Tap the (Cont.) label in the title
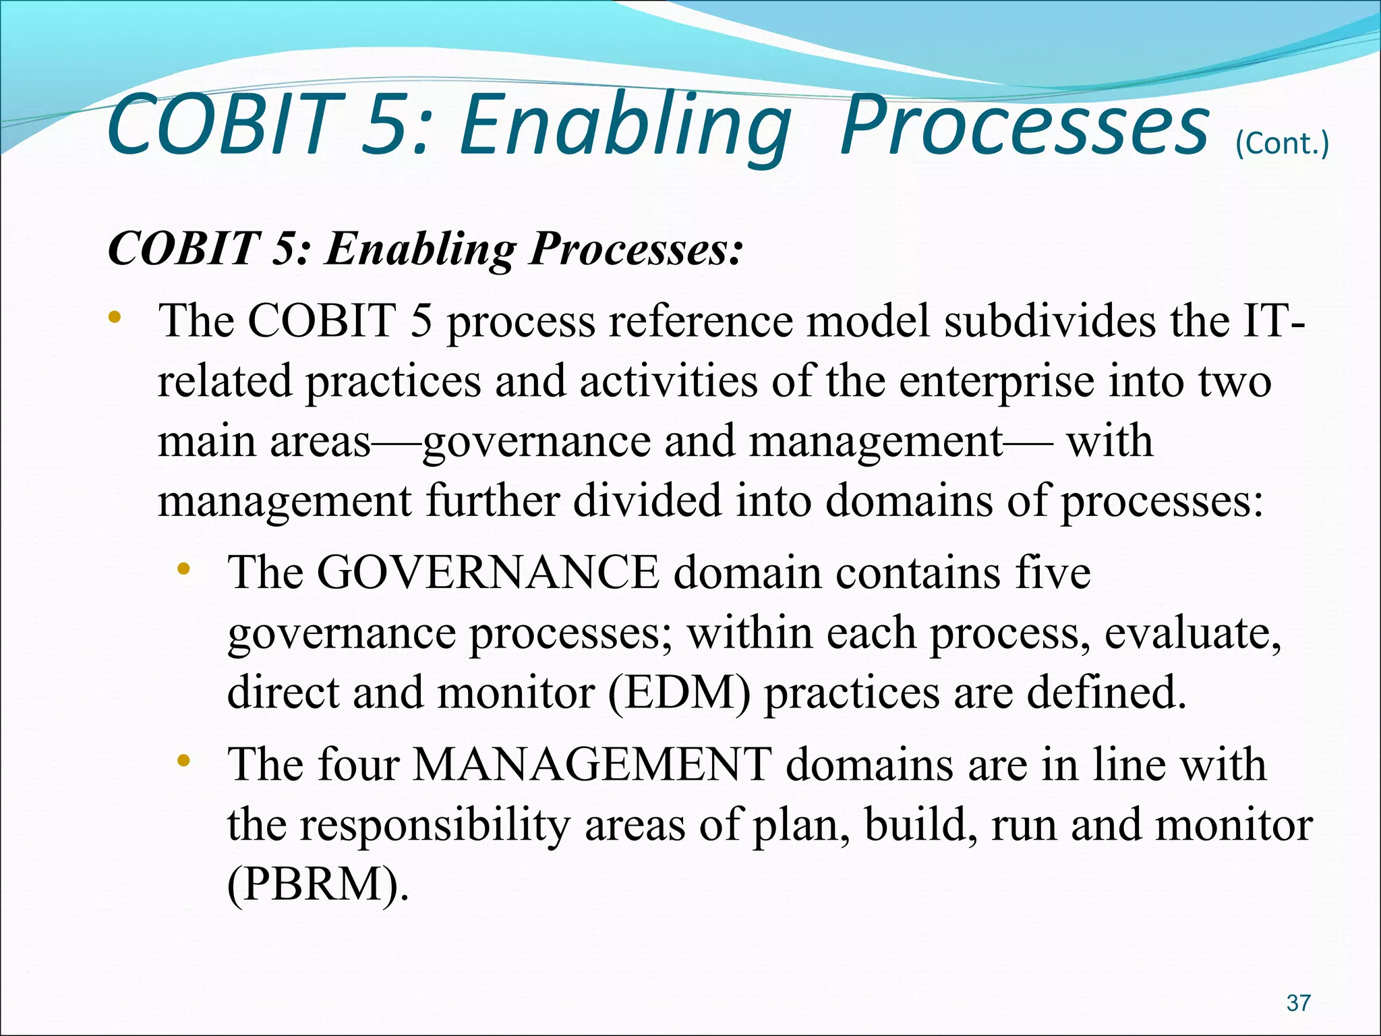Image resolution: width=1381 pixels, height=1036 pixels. [x=1282, y=144]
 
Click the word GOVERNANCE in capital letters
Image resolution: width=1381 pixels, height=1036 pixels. [x=488, y=573]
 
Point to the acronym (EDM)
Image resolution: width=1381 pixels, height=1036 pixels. [x=678, y=693]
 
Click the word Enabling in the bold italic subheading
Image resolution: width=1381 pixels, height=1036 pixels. [x=419, y=248]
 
